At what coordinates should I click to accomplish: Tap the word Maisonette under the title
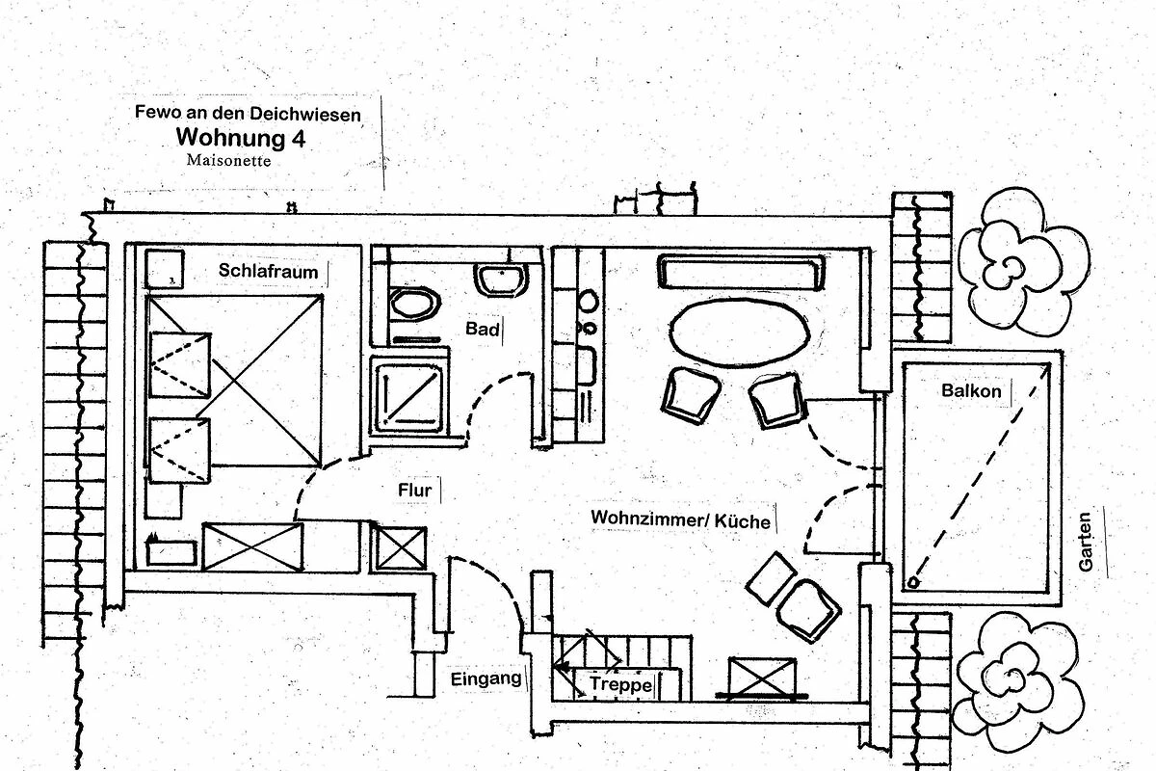point(229,161)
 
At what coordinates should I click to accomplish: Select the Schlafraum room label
point(268,271)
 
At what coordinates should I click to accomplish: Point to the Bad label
point(483,330)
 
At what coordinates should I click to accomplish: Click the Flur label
point(414,490)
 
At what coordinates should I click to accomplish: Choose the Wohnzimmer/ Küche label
point(680,519)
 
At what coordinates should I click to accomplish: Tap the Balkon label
point(971,391)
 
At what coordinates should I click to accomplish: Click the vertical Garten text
point(1086,542)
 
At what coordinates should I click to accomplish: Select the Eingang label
point(486,678)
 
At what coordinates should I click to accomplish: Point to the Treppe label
point(616,683)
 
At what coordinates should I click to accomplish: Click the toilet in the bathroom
point(415,303)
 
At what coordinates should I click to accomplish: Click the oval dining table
point(738,333)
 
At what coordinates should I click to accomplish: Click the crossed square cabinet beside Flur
point(400,547)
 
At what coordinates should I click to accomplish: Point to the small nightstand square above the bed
point(165,269)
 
